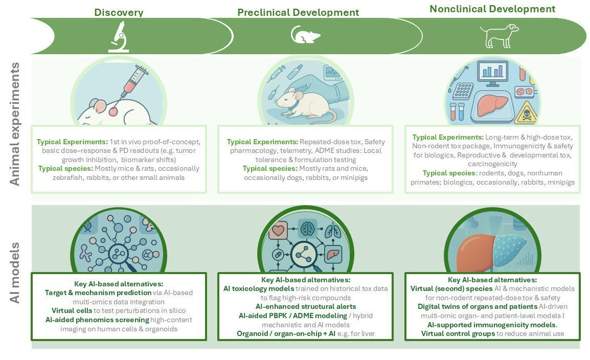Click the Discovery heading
[x=118, y=12]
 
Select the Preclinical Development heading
[x=298, y=12]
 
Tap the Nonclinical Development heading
[x=492, y=9]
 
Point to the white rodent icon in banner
[x=305, y=35]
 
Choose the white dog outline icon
[x=494, y=36]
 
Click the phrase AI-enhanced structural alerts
[x=299, y=306]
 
